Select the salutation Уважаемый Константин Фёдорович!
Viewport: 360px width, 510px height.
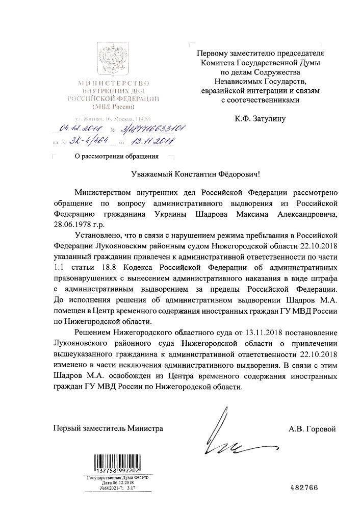(181, 174)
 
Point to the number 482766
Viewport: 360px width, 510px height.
(303, 487)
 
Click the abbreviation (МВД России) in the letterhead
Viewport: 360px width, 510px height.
(113, 107)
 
